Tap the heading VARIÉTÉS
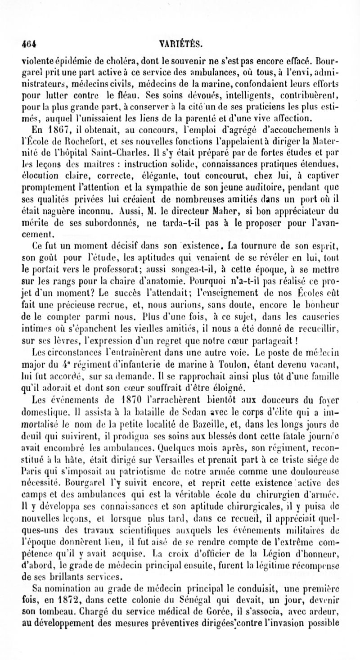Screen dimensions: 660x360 tap(180, 44)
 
